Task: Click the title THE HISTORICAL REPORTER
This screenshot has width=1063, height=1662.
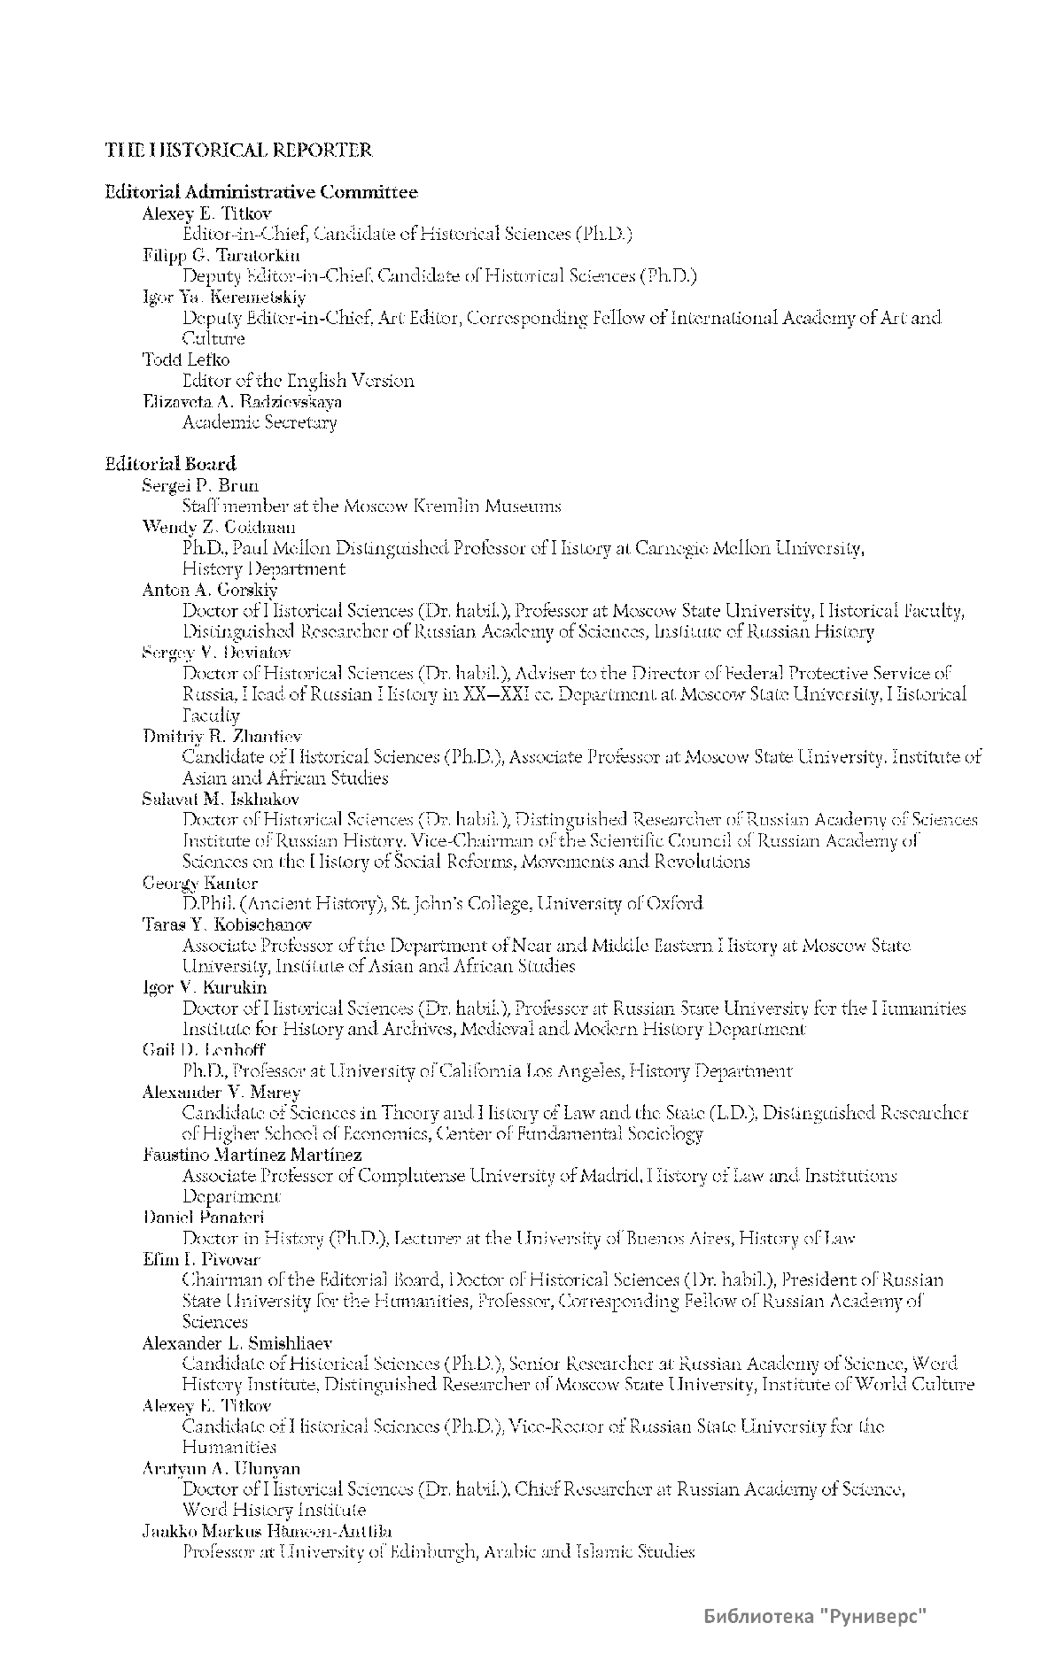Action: pos(239,150)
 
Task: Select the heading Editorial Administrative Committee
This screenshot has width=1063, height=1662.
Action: pos(261,191)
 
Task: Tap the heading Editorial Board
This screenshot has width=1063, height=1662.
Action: pos(171,463)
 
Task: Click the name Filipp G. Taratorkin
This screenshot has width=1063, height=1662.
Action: pos(221,255)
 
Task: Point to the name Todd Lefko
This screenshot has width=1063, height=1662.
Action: pos(186,359)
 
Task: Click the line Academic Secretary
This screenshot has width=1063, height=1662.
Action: pos(260,422)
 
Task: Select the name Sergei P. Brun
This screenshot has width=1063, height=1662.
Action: pos(200,485)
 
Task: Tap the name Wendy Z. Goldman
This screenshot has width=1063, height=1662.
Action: pos(219,527)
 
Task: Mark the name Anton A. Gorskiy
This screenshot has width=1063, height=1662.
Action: pos(210,590)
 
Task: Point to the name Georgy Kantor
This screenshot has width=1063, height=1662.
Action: pos(200,883)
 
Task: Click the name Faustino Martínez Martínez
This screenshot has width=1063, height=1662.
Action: pos(252,1155)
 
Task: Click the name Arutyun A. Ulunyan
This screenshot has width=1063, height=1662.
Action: pos(221,1468)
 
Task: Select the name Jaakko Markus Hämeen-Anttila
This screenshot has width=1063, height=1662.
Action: pos(268,1531)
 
